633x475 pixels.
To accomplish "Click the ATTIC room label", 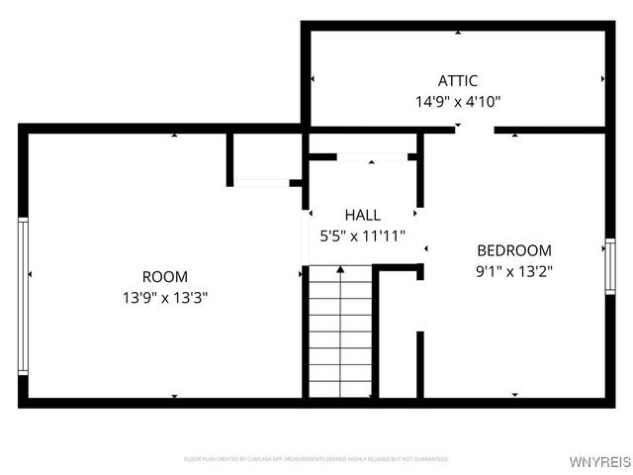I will click(458, 81).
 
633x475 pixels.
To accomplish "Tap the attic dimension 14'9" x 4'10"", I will click(458, 101).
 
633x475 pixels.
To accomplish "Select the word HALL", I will click(362, 215).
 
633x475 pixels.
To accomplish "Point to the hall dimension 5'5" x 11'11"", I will click(362, 236).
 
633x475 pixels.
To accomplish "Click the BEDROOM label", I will click(514, 250).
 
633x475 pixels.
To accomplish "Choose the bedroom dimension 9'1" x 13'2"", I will click(514, 271).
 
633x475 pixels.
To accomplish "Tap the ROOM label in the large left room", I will click(165, 277).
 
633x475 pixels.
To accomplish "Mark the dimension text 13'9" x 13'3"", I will click(165, 297).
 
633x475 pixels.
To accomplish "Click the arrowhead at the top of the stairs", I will click(340, 268).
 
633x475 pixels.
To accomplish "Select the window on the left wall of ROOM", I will click(23, 296).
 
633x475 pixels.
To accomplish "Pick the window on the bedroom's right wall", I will click(610, 266).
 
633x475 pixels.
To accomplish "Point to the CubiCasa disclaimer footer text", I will click(316, 459).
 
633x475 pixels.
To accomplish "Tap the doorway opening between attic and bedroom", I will click(476, 130).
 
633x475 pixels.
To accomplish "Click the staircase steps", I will click(340, 336).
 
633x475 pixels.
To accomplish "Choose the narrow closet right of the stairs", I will click(398, 336).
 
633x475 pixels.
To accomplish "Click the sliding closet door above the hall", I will click(372, 156).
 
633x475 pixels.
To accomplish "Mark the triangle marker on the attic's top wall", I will click(458, 32).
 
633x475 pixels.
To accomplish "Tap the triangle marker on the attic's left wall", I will click(313, 78).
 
